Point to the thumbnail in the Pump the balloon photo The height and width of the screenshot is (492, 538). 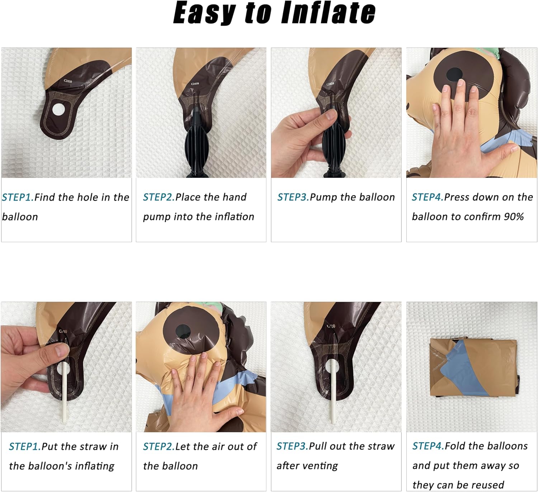[331, 115]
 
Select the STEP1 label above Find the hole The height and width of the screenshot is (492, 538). [18, 198]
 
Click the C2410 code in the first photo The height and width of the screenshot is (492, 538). [68, 81]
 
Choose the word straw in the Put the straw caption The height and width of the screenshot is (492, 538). [93, 447]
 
